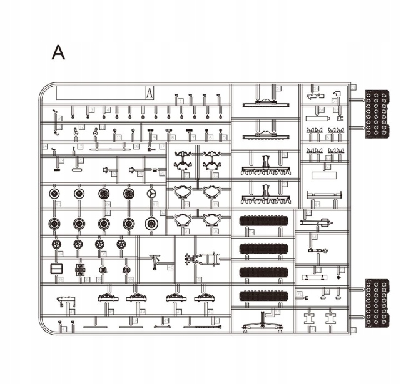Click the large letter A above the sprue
tap(58, 53)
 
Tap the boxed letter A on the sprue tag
tap(150, 93)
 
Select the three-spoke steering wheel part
tap(151, 194)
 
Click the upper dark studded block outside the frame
tap(377, 113)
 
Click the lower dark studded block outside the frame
tap(377, 303)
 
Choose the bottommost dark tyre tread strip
tap(265, 295)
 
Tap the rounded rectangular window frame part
tap(57, 270)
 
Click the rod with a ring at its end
tap(318, 251)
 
